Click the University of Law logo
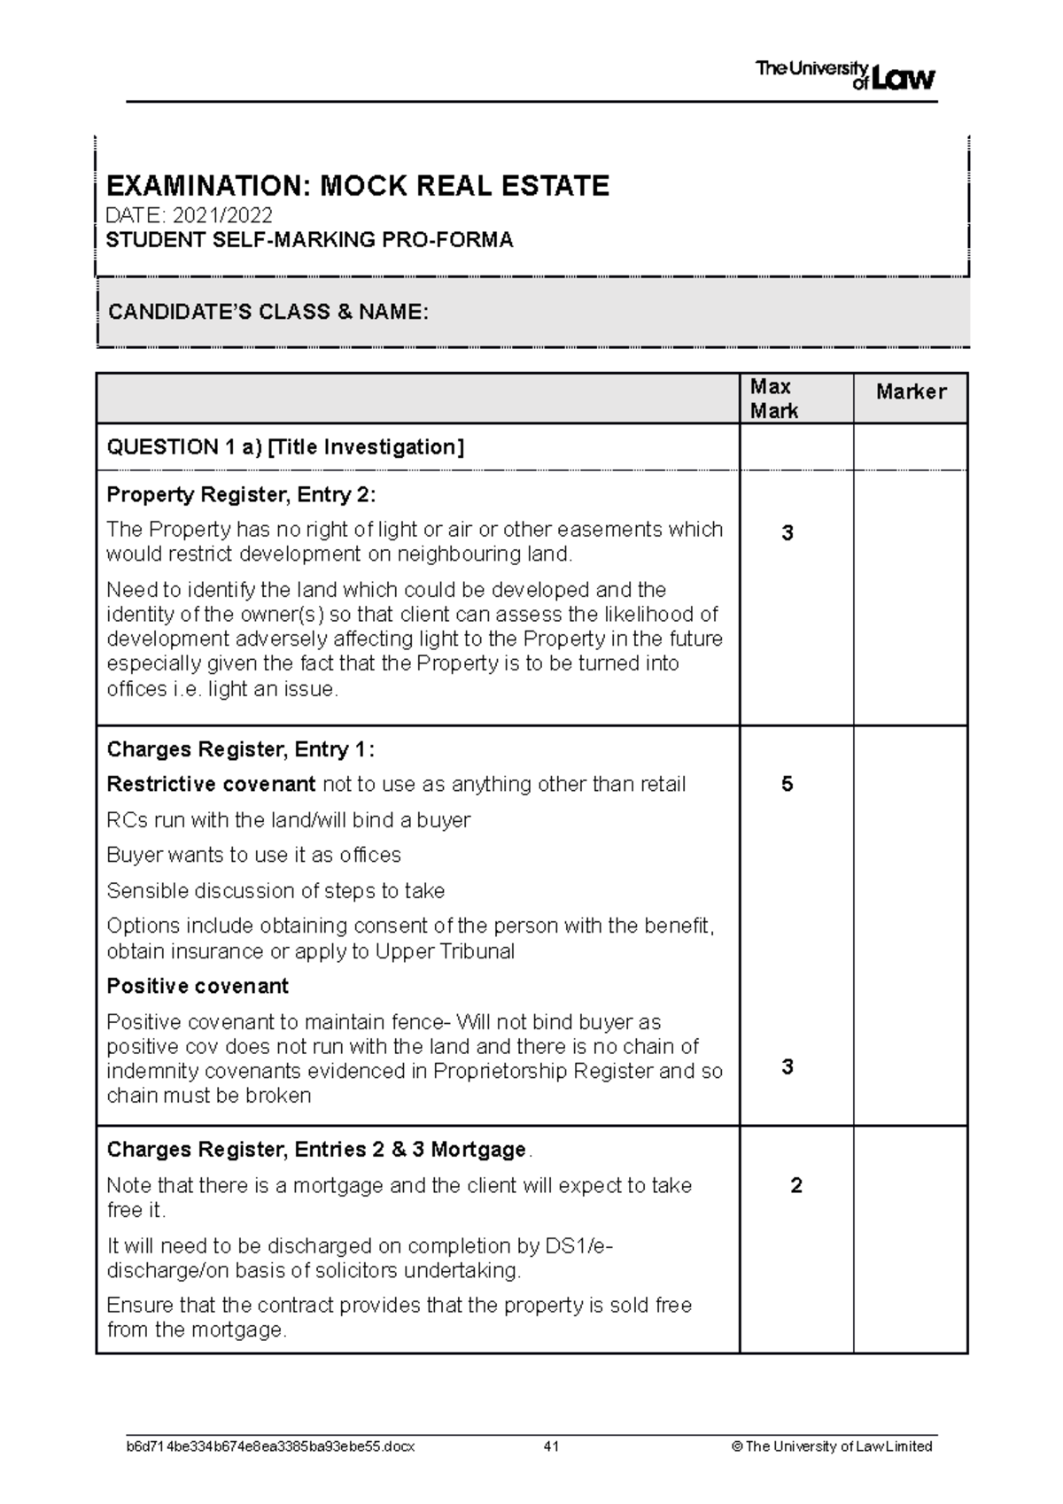(844, 76)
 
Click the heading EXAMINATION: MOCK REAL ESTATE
(357, 186)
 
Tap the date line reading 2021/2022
(189, 215)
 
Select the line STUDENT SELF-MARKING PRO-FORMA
(309, 240)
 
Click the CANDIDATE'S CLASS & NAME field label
(268, 312)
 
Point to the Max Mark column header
(773, 399)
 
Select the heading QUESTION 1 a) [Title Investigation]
(284, 447)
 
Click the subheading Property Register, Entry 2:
(241, 494)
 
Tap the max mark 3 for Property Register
(787, 533)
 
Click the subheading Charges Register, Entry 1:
(240, 749)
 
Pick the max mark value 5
(787, 785)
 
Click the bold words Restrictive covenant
(211, 785)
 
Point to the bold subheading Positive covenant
(198, 986)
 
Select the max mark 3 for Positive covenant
(787, 1066)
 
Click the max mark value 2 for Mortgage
(795, 1186)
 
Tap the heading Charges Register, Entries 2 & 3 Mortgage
(317, 1150)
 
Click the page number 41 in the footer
(551, 1446)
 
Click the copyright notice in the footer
(832, 1446)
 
